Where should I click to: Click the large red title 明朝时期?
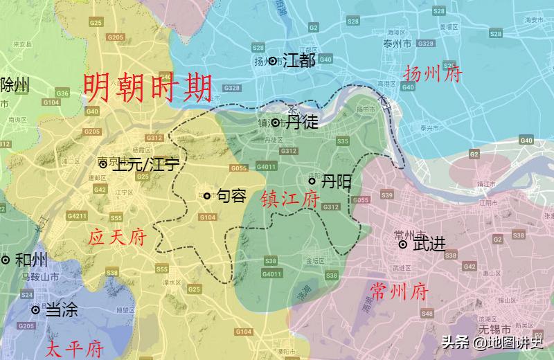(148, 89)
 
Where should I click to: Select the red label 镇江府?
(290, 200)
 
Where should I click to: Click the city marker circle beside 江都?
(273, 61)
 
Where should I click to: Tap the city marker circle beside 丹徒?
(276, 123)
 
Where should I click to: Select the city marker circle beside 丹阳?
(312, 181)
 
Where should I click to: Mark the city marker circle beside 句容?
(206, 196)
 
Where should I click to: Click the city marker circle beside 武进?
(402, 244)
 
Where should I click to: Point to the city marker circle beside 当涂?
(35, 310)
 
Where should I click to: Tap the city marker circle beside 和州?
(6, 260)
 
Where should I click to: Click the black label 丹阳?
(336, 181)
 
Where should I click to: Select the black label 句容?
(231, 196)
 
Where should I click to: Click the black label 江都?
(299, 61)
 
